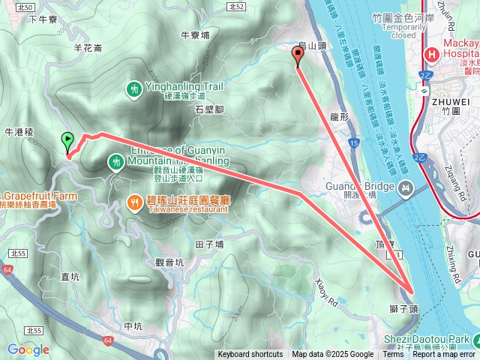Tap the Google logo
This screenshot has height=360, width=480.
(x=28, y=349)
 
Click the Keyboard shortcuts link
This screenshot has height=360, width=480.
(x=250, y=355)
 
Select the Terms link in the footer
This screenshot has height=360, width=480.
(x=393, y=355)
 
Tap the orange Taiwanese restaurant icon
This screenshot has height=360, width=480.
(x=135, y=202)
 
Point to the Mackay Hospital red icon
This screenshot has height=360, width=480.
(x=432, y=55)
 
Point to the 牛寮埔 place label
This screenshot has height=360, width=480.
(x=196, y=34)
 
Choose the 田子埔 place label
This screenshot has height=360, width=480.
(x=209, y=244)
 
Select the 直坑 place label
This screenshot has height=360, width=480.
(x=70, y=277)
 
